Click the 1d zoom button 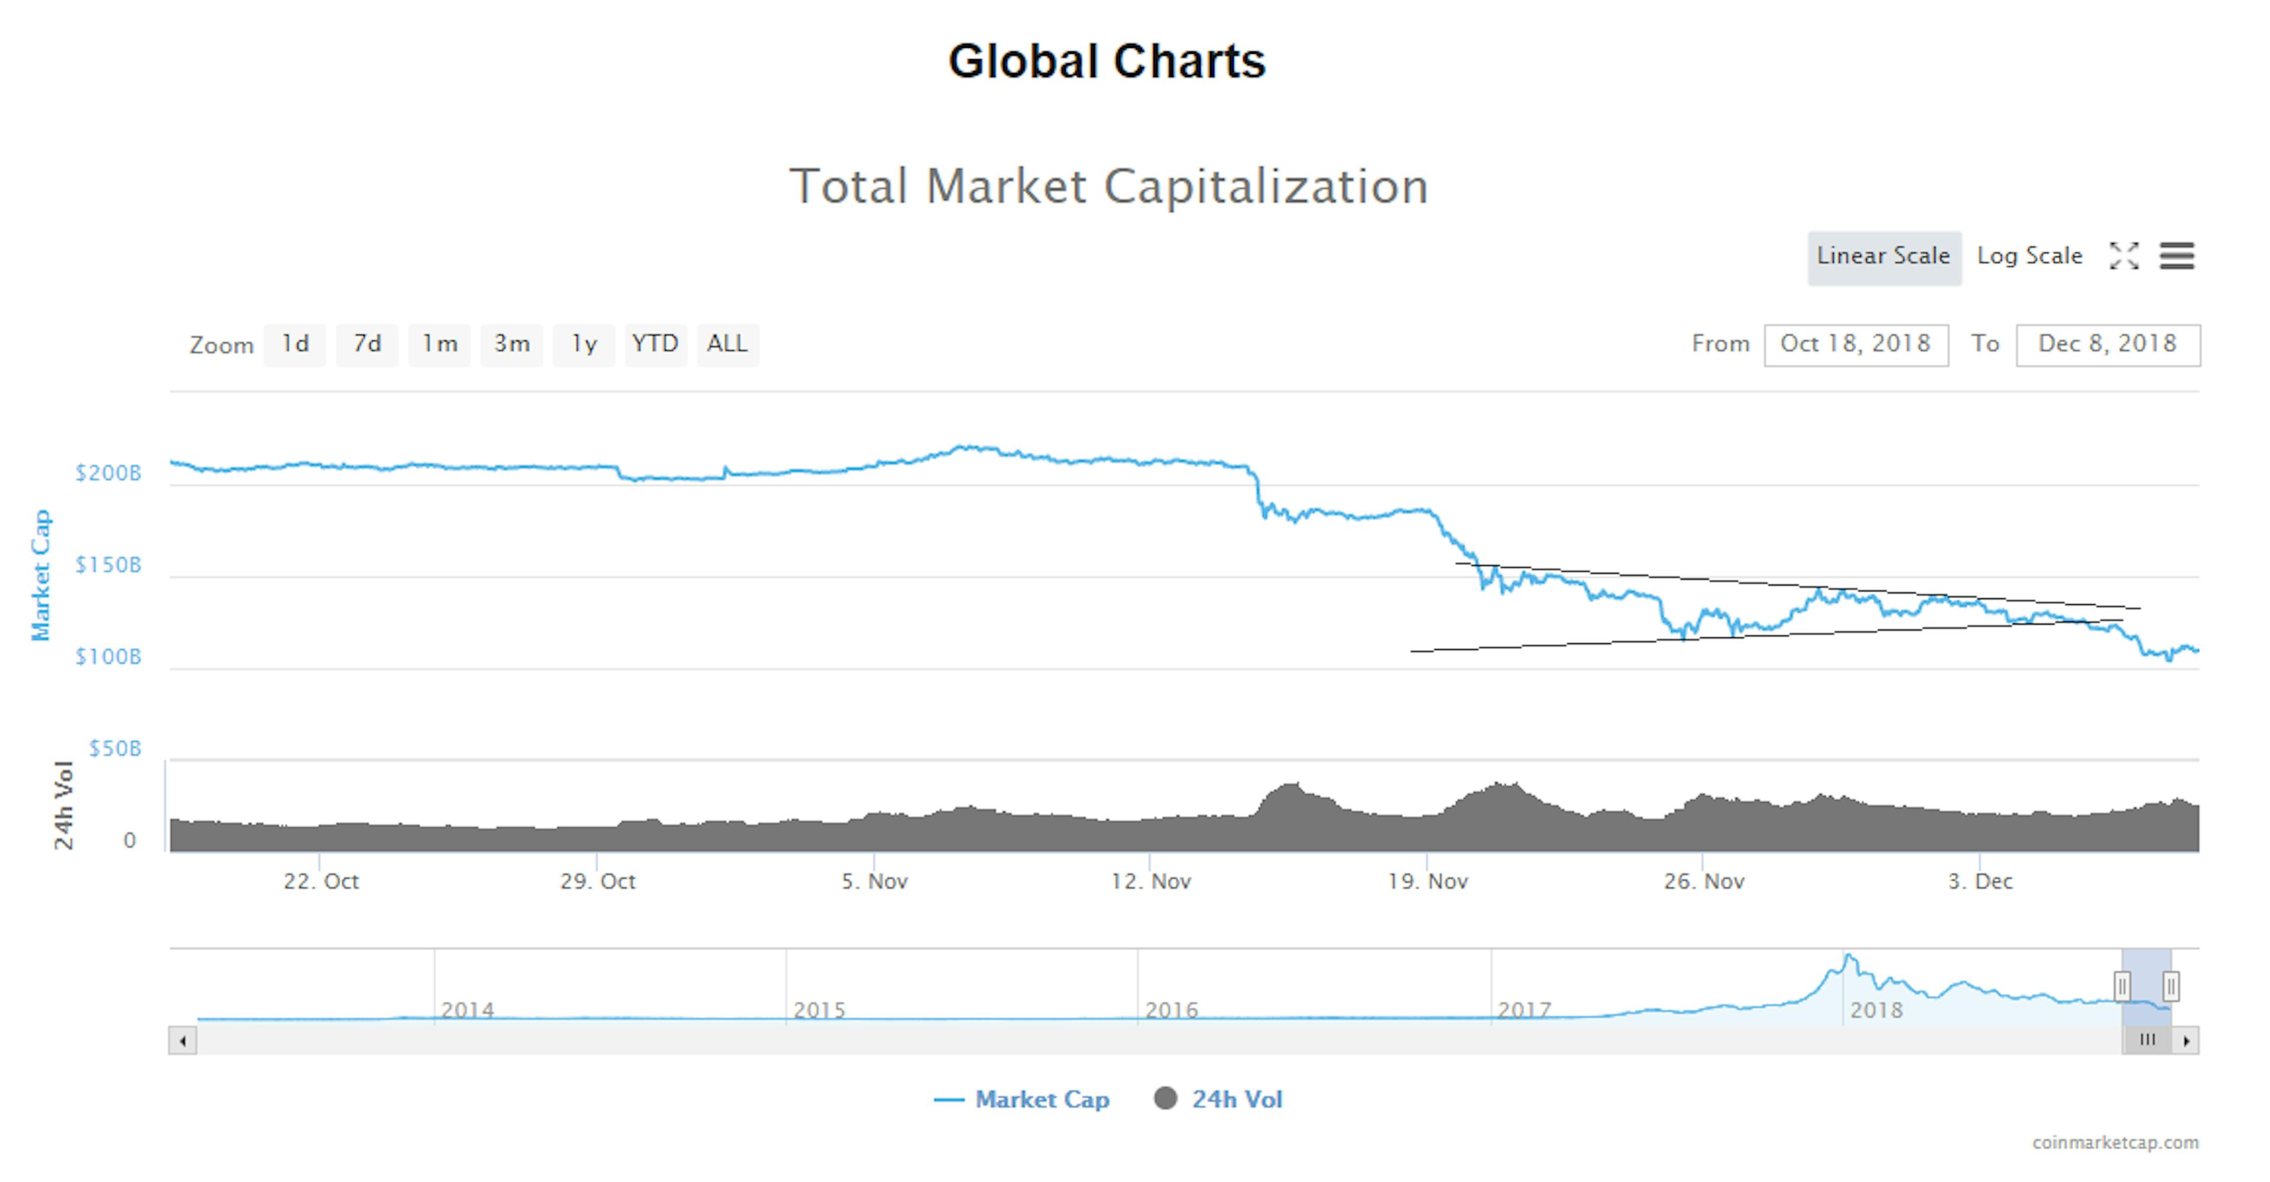tap(295, 344)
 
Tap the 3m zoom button tap(512, 344)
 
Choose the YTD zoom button tap(656, 344)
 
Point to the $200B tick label tap(108, 473)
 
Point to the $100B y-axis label tap(108, 657)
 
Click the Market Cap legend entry tap(1022, 1099)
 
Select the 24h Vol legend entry tap(1219, 1099)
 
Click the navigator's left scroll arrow tap(183, 1041)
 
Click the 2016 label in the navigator tap(1171, 1010)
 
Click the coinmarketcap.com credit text tap(2115, 1142)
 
